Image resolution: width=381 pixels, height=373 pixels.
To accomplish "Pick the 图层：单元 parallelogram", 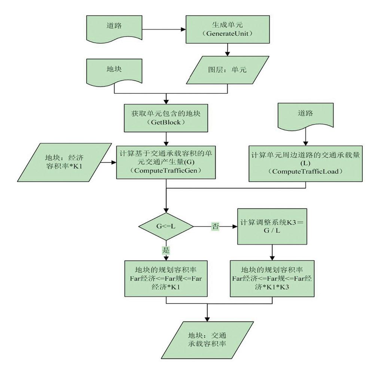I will click(x=227, y=70).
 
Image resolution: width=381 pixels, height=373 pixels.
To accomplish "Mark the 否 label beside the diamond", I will click(x=215, y=226).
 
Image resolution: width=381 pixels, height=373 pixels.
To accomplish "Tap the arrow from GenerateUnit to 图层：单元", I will click(x=227, y=50).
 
